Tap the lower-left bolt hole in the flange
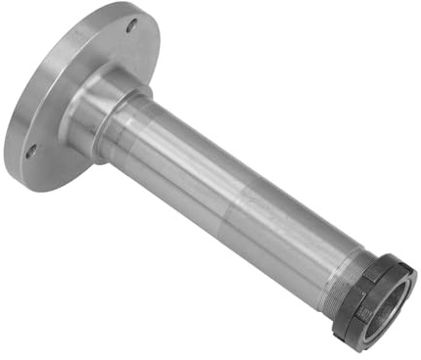coord(30,151)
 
